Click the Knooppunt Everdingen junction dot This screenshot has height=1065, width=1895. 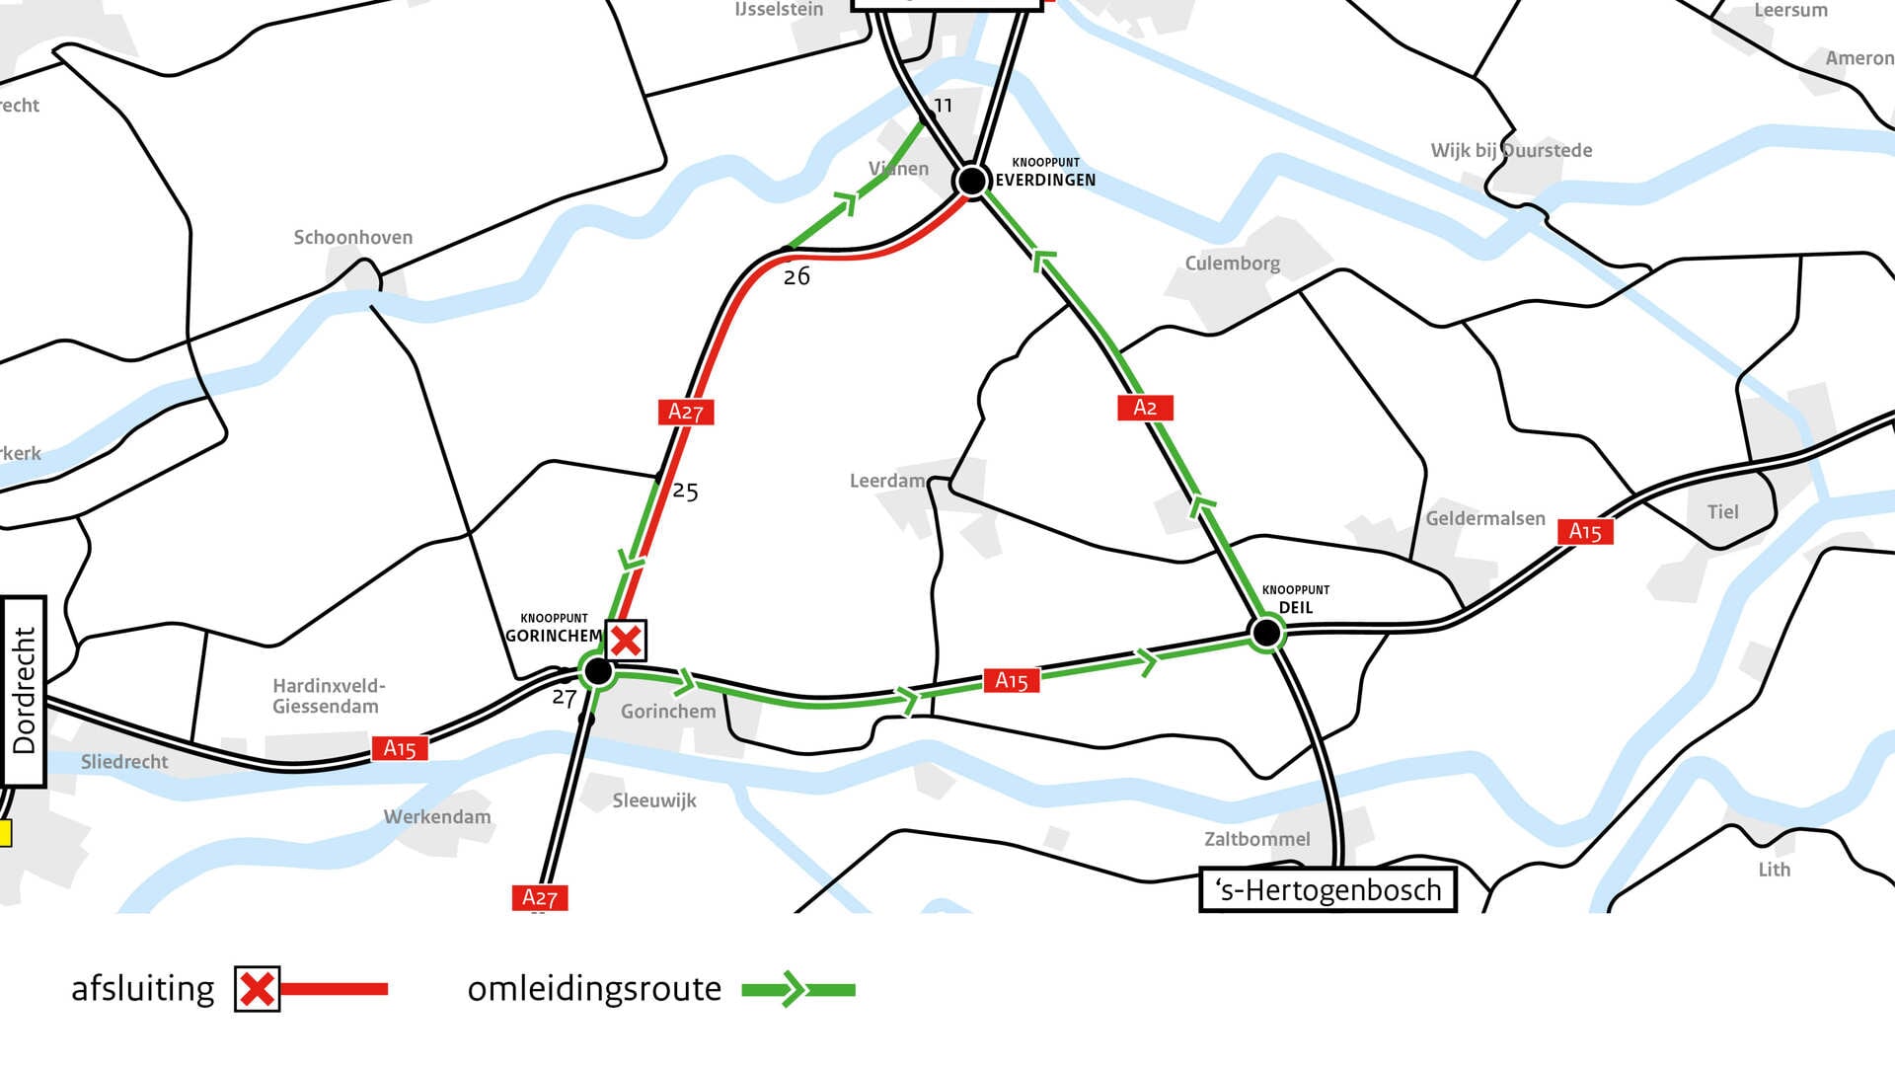pyautogui.click(x=971, y=181)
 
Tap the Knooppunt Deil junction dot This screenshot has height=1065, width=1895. pyautogui.click(x=1265, y=632)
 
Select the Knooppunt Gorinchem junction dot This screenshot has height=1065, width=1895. pyautogui.click(x=598, y=671)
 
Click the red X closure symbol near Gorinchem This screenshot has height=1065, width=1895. pyautogui.click(x=626, y=641)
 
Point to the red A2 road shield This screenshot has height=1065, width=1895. pyautogui.click(x=1145, y=408)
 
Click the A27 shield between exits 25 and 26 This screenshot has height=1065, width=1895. pyautogui.click(x=686, y=412)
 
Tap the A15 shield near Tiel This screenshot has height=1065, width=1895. pyautogui.click(x=1585, y=532)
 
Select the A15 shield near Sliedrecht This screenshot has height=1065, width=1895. pyautogui.click(x=400, y=748)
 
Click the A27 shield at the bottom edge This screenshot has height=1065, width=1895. pyautogui.click(x=540, y=897)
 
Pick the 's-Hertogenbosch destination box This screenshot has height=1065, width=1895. pyautogui.click(x=1327, y=890)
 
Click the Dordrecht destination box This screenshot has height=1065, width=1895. pyautogui.click(x=24, y=691)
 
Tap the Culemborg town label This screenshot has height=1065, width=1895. pyautogui.click(x=1232, y=264)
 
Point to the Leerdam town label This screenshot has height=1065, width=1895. pyautogui.click(x=887, y=481)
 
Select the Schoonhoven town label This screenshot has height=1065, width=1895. pyautogui.click(x=352, y=238)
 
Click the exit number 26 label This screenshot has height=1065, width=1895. pyautogui.click(x=796, y=277)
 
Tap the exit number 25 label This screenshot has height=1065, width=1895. pyautogui.click(x=685, y=492)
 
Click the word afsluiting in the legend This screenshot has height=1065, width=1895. pyautogui.click(x=143, y=989)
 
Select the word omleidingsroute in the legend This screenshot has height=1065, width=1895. pyautogui.click(x=594, y=989)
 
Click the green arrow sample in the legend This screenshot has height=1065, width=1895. pyautogui.click(x=797, y=989)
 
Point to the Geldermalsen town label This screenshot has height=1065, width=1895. pyautogui.click(x=1485, y=519)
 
